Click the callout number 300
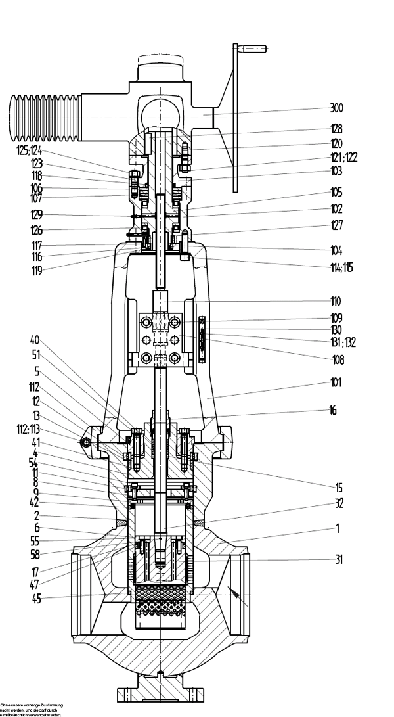tap(337, 108)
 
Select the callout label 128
tap(337, 129)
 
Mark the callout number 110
tap(335, 302)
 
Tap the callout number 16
tap(333, 409)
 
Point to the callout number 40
tap(35, 340)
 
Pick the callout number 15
tap(333, 487)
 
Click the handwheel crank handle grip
tap(252, 48)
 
